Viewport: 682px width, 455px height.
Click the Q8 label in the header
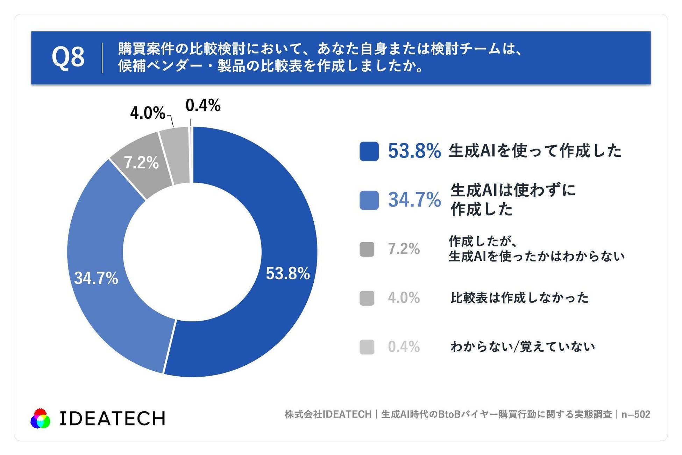[68, 57]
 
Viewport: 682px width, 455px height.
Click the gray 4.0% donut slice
[175, 156]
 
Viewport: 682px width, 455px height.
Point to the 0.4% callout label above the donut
[203, 105]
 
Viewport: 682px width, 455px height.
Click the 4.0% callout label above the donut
[148, 113]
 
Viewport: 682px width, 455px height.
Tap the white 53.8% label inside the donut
[288, 273]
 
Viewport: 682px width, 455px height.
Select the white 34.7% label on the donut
[96, 278]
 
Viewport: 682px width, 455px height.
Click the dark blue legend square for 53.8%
[369, 151]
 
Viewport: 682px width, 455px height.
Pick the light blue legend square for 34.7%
[369, 200]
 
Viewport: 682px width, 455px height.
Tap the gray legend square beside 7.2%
[367, 249]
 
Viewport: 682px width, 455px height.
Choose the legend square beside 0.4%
[367, 347]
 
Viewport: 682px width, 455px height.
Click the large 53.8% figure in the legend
[414, 151]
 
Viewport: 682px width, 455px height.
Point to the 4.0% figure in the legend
[404, 298]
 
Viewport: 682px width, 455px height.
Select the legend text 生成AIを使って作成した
[535, 151]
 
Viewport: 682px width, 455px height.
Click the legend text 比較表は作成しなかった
[519, 298]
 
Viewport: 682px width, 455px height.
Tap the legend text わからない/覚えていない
[523, 346]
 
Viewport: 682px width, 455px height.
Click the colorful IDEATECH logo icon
[40, 418]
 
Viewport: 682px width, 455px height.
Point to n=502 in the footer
[635, 414]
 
